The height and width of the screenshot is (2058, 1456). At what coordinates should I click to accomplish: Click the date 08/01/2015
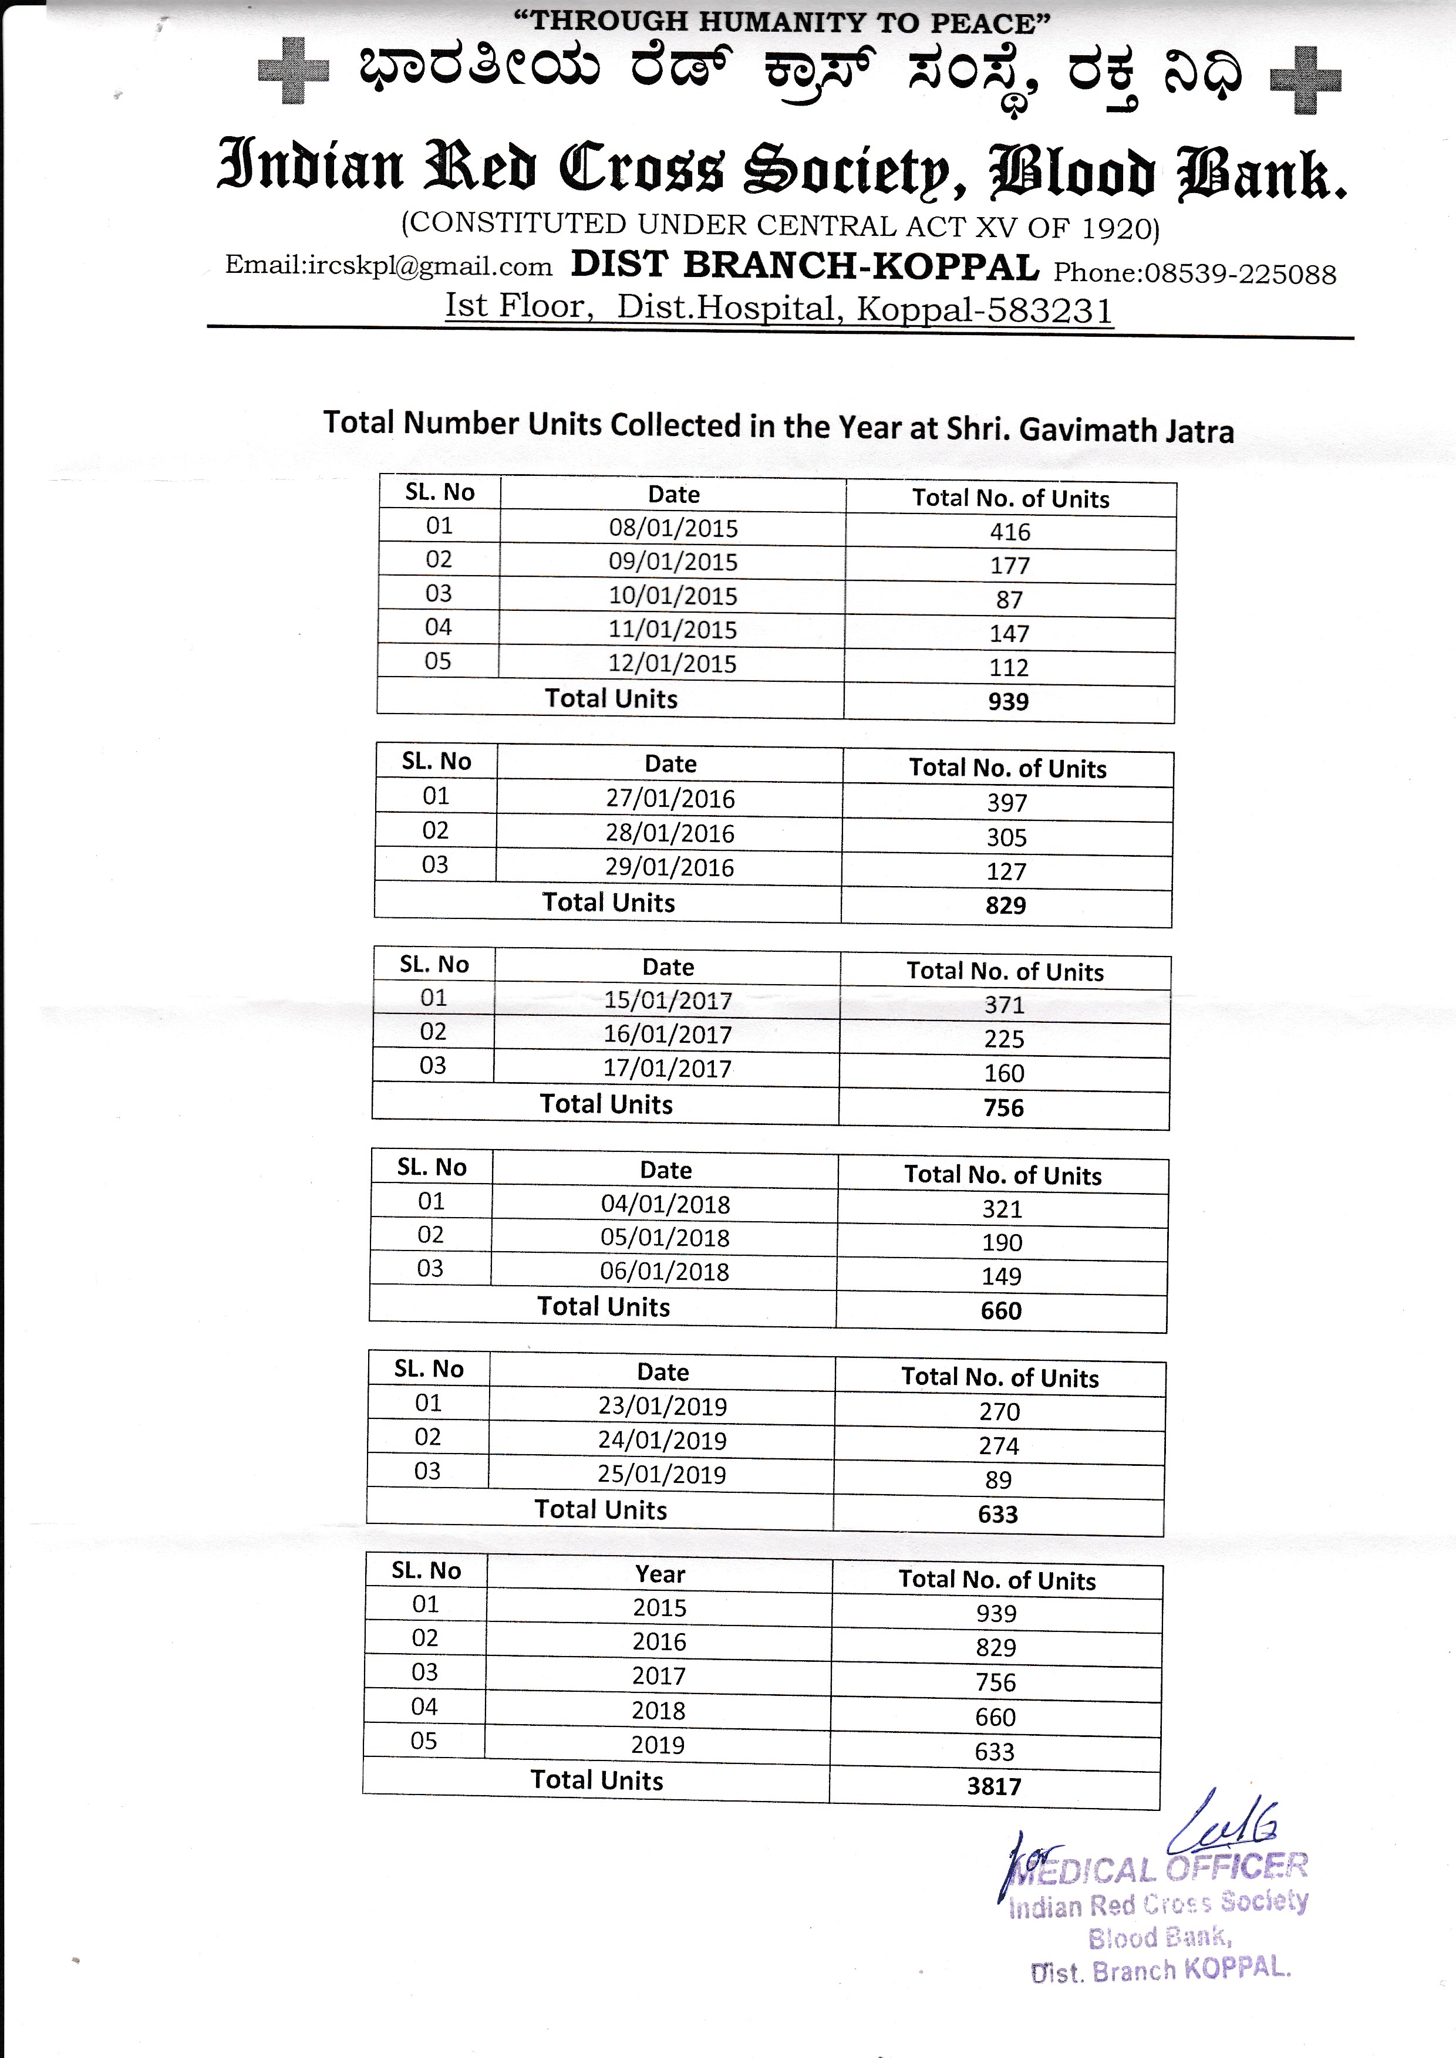673,528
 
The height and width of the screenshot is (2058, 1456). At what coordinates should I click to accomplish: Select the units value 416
1010,532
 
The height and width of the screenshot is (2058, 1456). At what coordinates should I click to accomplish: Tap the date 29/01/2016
670,868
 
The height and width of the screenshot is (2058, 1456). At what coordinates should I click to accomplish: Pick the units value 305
1007,837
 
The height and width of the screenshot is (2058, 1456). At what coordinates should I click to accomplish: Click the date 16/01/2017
668,1035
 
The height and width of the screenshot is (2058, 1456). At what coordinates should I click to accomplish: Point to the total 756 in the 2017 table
1003,1108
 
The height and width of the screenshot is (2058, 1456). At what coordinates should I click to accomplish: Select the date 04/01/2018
665,1204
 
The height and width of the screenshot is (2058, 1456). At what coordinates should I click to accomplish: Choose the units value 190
1002,1242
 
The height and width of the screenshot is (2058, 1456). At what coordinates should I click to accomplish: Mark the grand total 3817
995,1786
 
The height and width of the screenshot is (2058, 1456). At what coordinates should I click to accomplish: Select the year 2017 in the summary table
659,1676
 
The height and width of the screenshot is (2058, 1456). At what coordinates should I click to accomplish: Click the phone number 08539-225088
1240,274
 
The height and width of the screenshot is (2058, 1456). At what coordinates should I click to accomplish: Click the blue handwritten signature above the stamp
1224,1829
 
